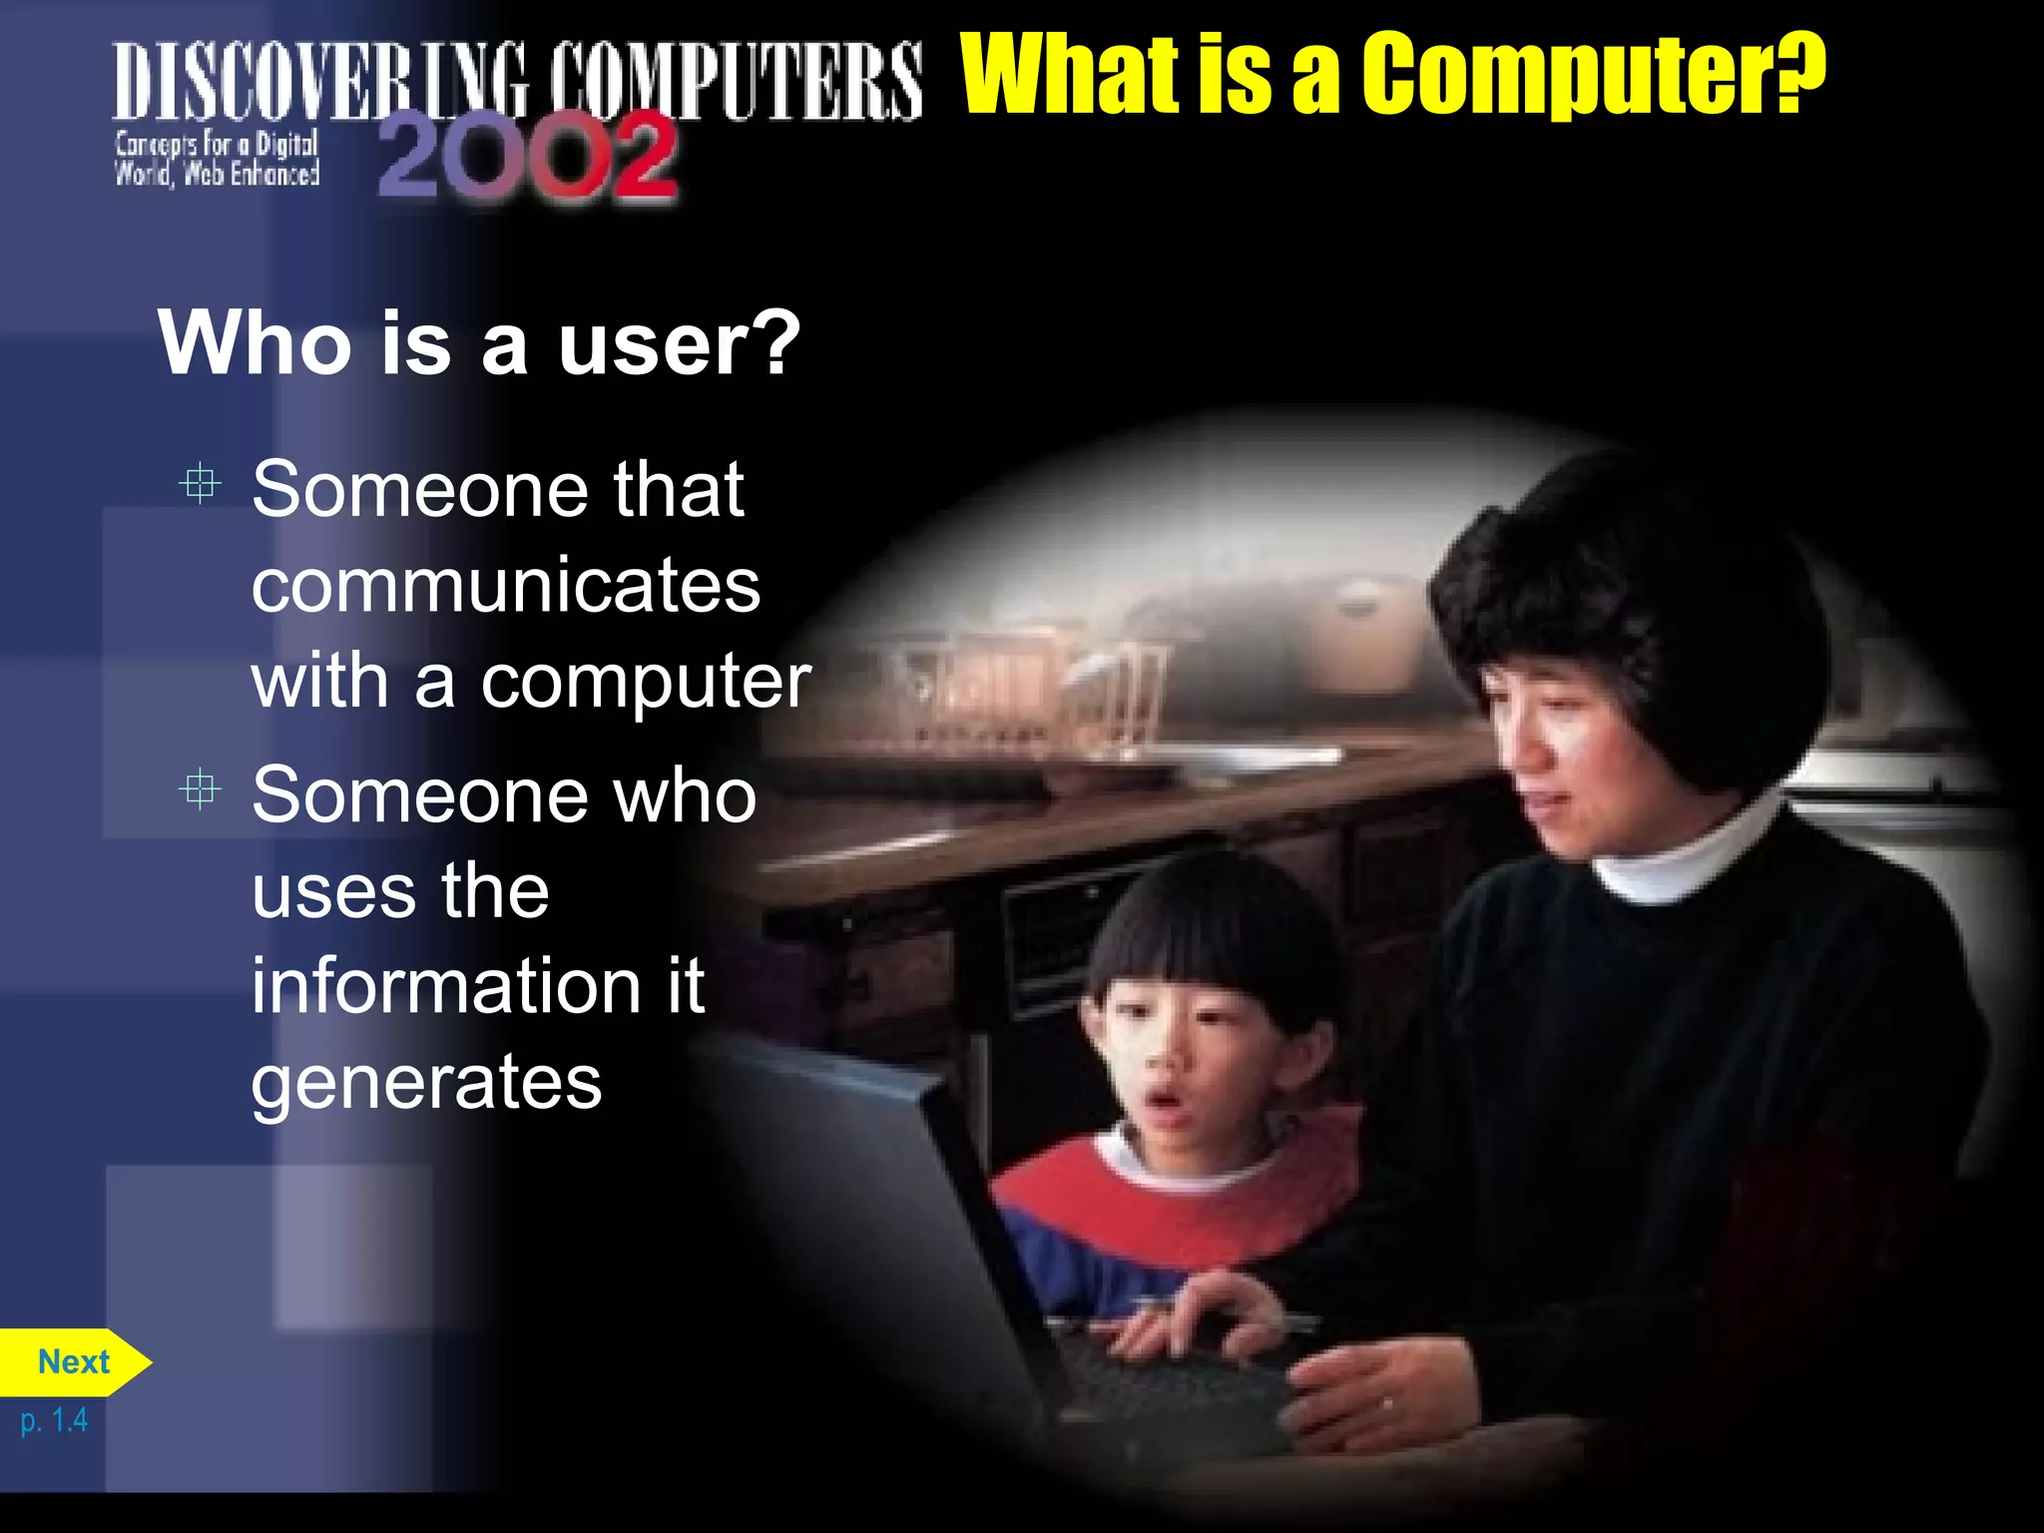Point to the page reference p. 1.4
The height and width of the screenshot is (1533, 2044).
point(54,1420)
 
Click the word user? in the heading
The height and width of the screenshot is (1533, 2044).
point(679,343)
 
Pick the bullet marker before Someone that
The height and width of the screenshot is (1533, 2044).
point(200,484)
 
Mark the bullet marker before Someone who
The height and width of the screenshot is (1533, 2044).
point(200,789)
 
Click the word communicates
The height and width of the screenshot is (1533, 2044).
point(505,586)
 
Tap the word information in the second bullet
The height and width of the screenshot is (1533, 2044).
point(445,986)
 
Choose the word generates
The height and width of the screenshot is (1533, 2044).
point(426,1082)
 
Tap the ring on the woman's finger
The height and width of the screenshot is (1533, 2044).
point(1386,1404)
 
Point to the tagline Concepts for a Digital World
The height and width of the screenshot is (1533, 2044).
point(217,159)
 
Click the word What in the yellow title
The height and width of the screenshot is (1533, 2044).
point(1068,74)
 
